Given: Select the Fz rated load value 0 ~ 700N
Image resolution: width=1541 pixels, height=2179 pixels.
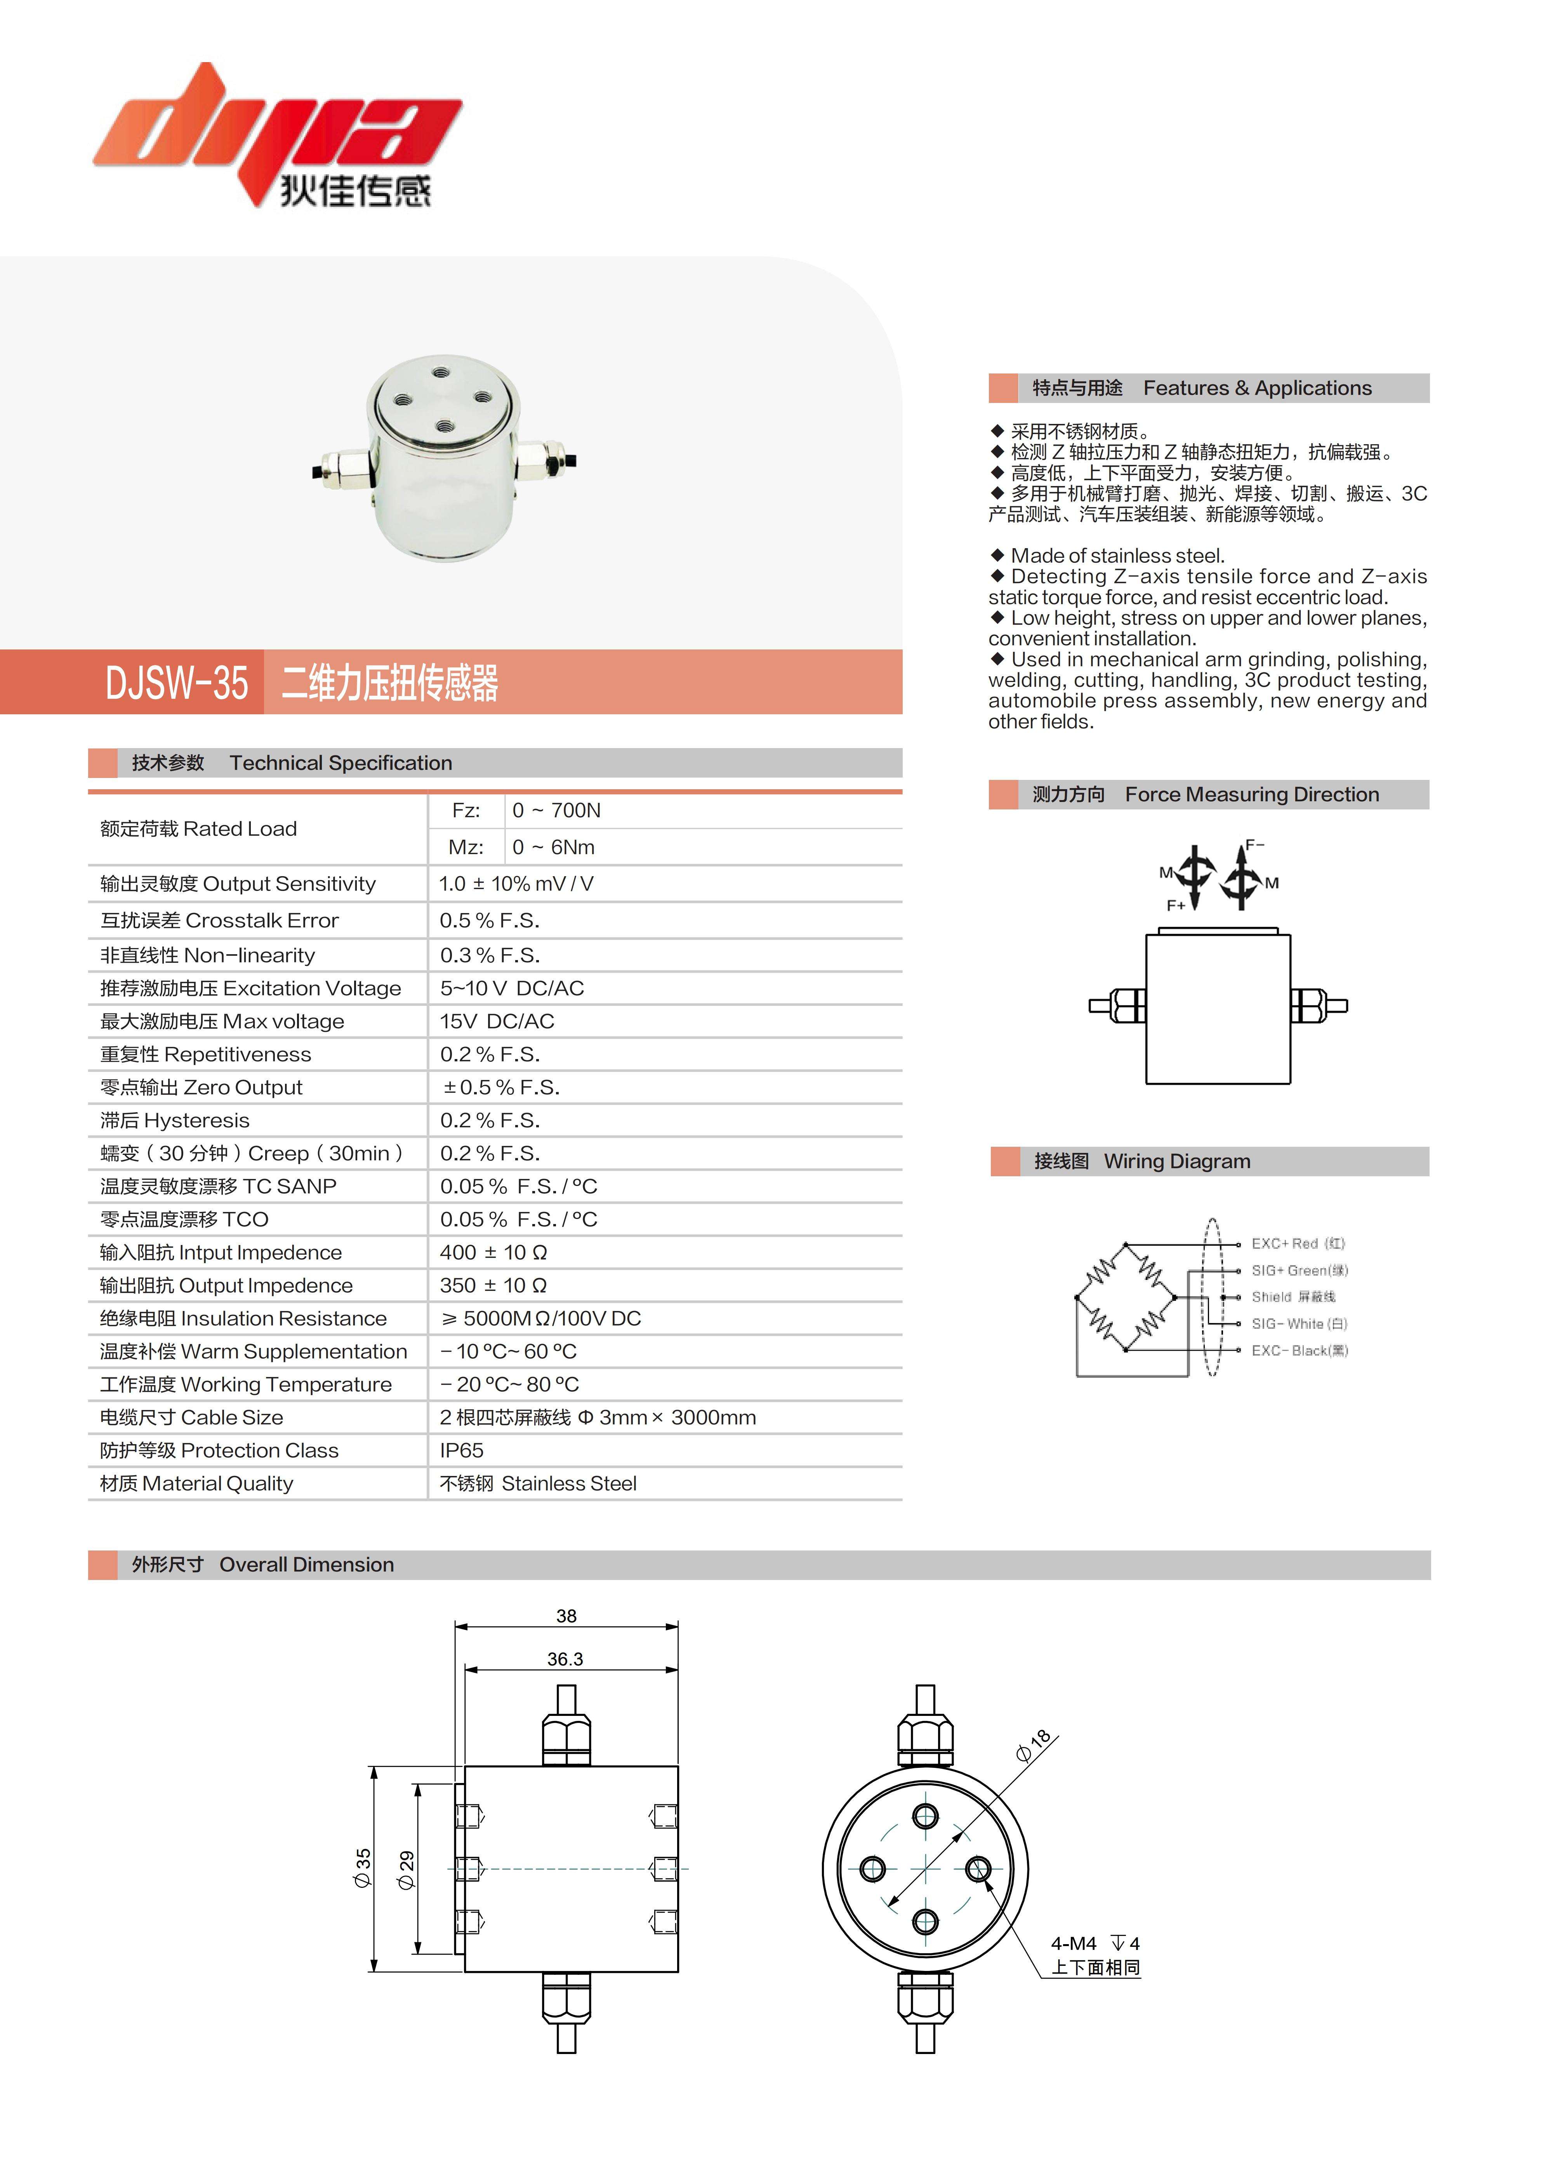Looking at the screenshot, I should click(556, 811).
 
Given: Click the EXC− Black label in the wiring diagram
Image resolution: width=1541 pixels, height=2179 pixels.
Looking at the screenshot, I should click(1298, 1351).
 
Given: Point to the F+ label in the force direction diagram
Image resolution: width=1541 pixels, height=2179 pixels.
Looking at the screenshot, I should click(1176, 905).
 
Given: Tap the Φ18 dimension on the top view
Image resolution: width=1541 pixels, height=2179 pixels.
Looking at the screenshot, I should click(1033, 1745).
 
